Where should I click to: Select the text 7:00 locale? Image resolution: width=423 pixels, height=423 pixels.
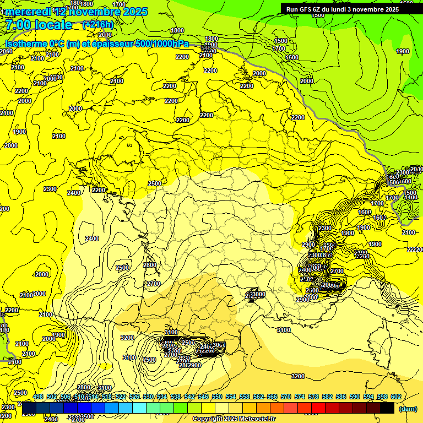tap(39, 25)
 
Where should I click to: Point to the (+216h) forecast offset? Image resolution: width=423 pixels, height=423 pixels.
tap(97, 25)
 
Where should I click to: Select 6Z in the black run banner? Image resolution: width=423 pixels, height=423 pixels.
tap(320, 9)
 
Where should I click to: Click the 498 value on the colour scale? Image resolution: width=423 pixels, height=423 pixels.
tap(38, 397)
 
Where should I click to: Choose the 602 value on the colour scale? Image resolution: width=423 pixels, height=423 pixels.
tap(395, 397)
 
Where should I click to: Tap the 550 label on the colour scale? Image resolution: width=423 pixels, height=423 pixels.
tap(217, 397)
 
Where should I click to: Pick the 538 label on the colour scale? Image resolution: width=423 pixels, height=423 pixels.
tap(176, 397)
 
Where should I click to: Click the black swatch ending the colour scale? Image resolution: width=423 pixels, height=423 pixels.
tap(387, 408)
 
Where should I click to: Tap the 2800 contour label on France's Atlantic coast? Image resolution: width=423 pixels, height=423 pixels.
tap(149, 265)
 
